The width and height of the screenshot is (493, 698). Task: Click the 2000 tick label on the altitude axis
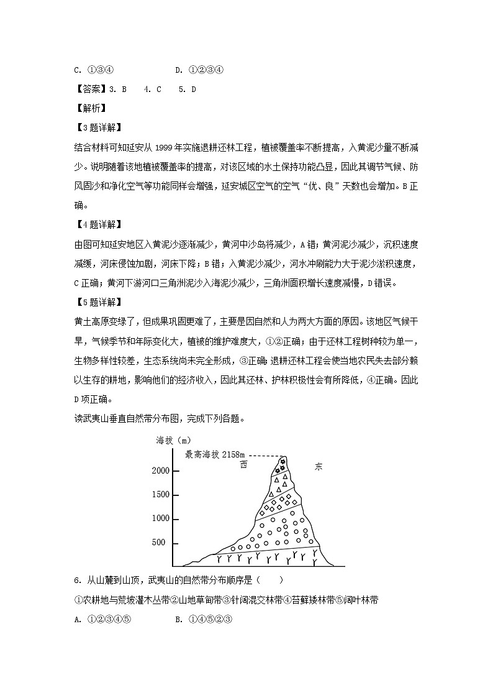(160, 471)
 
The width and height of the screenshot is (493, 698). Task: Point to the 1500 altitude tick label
(160, 495)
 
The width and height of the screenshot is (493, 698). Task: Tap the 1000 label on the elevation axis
(160, 519)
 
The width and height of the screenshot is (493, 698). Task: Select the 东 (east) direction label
(319, 466)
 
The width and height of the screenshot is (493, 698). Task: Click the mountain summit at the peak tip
(284, 457)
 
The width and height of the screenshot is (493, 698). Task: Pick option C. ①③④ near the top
(93, 70)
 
